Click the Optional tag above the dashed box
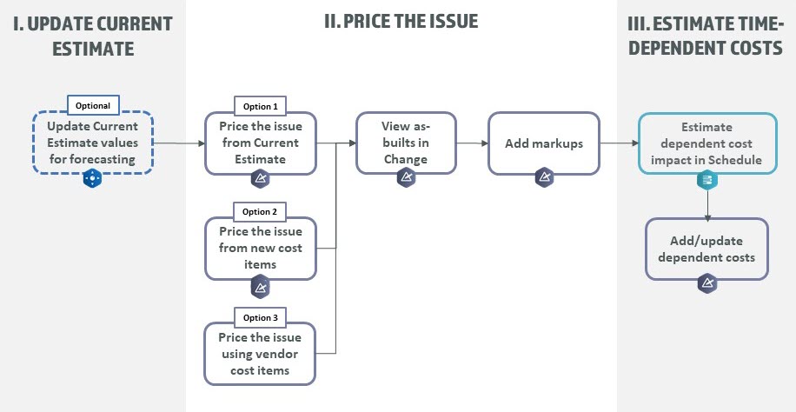pyautogui.click(x=93, y=105)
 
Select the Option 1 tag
pyautogui.click(x=260, y=106)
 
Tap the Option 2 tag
pyautogui.click(x=260, y=211)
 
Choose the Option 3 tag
pyautogui.click(x=260, y=317)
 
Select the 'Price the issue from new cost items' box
pyautogui.click(x=260, y=248)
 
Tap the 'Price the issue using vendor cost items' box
pyautogui.click(x=260, y=354)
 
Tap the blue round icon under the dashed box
pyautogui.click(x=93, y=179)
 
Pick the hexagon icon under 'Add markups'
pyautogui.click(x=544, y=177)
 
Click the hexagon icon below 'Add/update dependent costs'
pyautogui.click(x=706, y=284)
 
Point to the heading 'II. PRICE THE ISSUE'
pyautogui.click(x=401, y=20)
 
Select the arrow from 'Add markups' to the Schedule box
pyautogui.click(x=619, y=143)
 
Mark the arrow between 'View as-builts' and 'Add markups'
pyautogui.click(x=472, y=143)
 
